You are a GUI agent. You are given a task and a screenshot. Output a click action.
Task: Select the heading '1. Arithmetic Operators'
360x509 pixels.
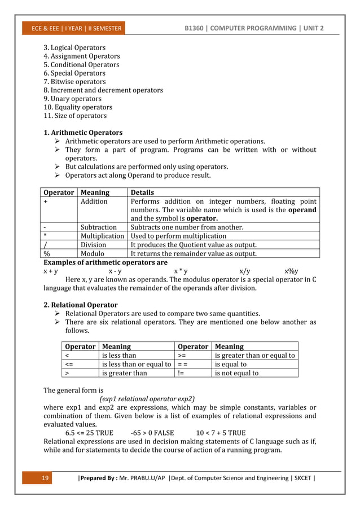coord(83,133)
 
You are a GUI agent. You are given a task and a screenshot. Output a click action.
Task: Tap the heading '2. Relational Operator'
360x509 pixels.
coord(81,305)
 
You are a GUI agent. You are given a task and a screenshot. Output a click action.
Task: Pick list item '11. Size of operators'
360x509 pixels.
coord(75,116)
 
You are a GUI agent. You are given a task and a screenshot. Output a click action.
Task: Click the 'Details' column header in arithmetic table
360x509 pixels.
coord(142,192)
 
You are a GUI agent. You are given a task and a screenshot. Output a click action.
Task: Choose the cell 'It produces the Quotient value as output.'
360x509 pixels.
coord(194,245)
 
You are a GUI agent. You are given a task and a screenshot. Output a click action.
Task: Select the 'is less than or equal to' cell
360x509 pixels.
coord(136,364)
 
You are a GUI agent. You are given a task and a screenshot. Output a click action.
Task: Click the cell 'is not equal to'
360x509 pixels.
coord(236,372)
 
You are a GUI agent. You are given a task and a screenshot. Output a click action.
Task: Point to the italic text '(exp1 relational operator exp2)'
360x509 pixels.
coord(147,398)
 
